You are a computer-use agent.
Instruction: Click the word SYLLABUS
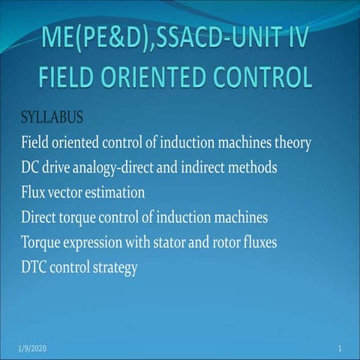51,118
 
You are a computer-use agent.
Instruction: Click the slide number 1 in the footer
340,349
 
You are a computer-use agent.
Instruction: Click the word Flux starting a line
34,193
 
